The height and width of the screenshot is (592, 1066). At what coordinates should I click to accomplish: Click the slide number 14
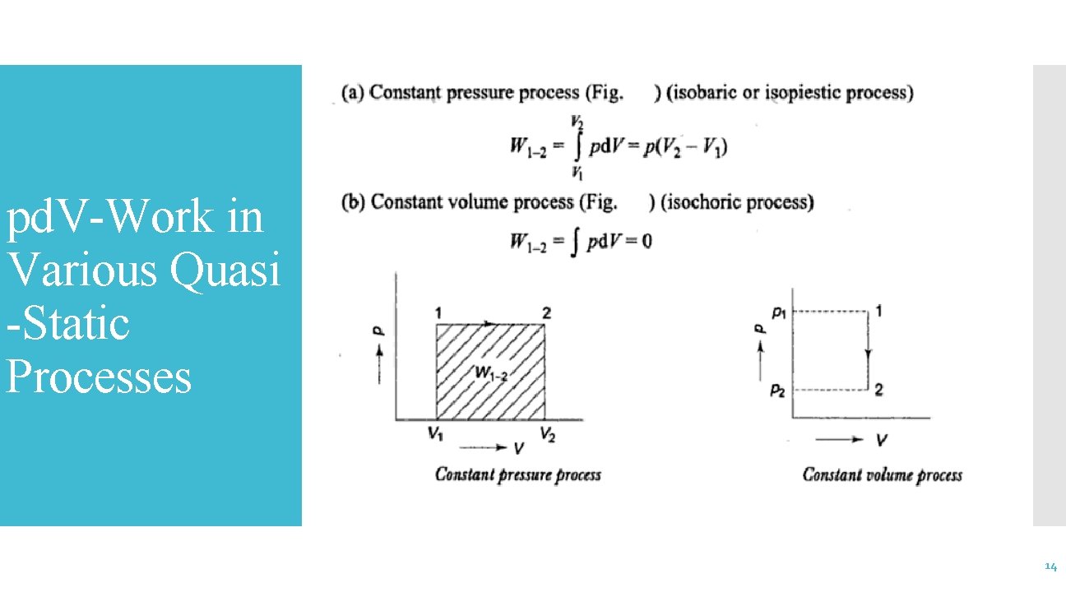(x=1050, y=567)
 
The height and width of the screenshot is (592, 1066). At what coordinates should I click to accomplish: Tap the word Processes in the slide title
(x=99, y=377)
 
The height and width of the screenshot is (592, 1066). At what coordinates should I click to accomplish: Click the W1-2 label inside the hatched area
(x=492, y=374)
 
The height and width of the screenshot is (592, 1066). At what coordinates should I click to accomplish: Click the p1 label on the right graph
(x=777, y=312)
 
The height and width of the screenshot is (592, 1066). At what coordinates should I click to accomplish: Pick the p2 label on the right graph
(x=777, y=391)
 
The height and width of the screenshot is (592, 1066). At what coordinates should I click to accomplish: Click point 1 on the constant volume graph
(x=879, y=311)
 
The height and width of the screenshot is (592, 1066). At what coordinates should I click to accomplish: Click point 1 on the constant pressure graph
(x=438, y=312)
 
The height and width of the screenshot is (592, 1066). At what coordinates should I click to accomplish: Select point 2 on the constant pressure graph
(x=546, y=312)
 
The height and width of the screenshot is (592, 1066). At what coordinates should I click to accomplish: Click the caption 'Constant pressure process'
(x=517, y=474)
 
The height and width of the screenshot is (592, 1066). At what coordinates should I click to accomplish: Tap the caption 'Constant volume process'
(x=882, y=474)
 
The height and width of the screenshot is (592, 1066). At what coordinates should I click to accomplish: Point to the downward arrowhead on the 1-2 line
(x=869, y=354)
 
